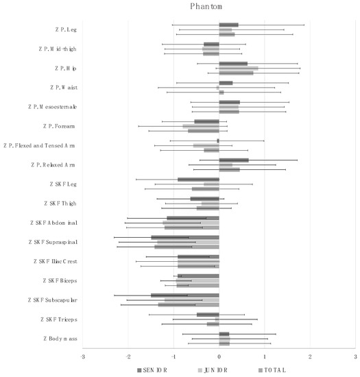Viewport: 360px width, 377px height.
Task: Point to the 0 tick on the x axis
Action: click(219, 357)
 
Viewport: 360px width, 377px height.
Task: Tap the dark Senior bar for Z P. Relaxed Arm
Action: click(234, 160)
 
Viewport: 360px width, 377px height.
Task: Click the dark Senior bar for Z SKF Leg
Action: click(199, 180)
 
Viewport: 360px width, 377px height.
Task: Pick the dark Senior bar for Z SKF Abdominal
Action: click(193, 218)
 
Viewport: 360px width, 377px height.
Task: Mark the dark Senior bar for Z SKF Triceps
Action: click(208, 315)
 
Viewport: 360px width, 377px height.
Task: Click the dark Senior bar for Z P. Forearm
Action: click(206, 121)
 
